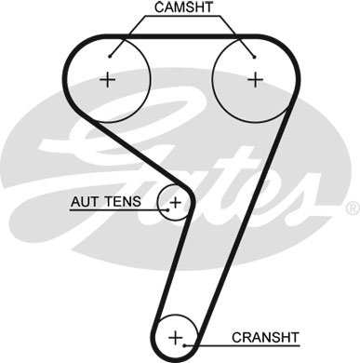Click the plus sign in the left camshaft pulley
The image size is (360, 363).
[108, 79]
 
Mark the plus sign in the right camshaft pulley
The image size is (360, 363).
[253, 79]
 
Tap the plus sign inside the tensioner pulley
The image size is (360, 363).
[174, 200]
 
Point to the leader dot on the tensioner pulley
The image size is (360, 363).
[166, 210]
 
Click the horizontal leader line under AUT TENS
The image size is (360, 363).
[112, 210]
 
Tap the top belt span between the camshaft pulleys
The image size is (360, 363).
[180, 38]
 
